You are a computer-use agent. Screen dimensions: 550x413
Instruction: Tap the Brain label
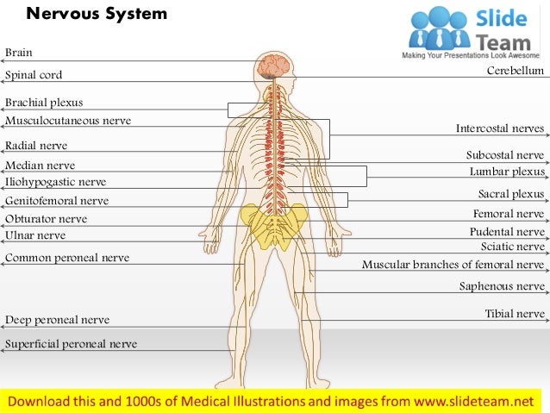click(x=19, y=53)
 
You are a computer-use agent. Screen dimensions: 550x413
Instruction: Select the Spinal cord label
click(x=34, y=76)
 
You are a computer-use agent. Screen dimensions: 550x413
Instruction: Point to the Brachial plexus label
click(x=44, y=103)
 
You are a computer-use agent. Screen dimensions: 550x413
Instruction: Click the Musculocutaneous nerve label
click(x=68, y=121)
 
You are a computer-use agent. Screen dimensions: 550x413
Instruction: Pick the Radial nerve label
click(x=36, y=146)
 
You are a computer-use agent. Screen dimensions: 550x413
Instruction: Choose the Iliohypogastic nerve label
click(x=56, y=182)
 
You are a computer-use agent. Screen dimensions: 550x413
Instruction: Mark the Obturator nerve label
click(x=47, y=219)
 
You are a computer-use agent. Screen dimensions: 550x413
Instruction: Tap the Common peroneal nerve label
click(x=67, y=258)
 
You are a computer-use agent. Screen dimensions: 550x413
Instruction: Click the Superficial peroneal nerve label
click(x=71, y=344)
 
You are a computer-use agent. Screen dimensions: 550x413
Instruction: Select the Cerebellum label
click(x=516, y=71)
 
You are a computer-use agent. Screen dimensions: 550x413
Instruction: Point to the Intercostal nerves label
click(x=500, y=129)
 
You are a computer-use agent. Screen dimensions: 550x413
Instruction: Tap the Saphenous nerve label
click(x=502, y=286)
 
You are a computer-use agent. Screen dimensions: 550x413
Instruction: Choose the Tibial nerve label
click(x=515, y=314)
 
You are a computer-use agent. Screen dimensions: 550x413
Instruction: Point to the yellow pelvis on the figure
click(x=274, y=224)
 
